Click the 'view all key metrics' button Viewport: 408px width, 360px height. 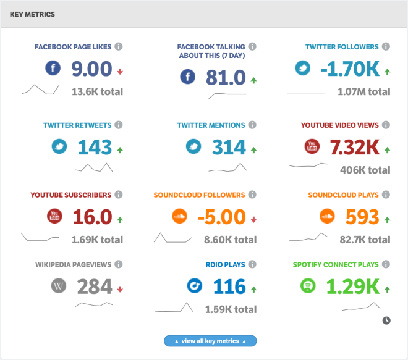coord(210,341)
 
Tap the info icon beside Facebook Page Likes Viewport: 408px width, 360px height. coord(119,46)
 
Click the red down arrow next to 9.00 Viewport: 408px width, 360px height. coord(120,72)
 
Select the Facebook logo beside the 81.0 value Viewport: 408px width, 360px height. coord(187,77)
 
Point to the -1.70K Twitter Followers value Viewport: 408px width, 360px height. coord(350,69)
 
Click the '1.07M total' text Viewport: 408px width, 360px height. coord(363,92)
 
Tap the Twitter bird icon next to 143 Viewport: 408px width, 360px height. coord(59,146)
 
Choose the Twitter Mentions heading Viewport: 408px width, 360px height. coord(211,125)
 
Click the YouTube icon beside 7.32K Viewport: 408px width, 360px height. coord(312,146)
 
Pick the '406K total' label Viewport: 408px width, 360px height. coord(365,170)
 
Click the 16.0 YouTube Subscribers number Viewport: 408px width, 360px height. coord(92,217)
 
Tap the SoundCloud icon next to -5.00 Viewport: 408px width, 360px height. coord(179,216)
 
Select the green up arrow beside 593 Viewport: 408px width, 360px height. coord(388,220)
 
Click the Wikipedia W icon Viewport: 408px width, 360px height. coord(59,286)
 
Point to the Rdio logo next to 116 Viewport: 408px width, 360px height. coord(195,286)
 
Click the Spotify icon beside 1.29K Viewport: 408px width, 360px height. coord(308,286)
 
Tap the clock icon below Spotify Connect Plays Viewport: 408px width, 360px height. coord(386,320)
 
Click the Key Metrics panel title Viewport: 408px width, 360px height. coord(32,14)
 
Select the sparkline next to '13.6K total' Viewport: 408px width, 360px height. coord(40,90)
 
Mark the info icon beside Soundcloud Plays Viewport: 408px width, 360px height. coord(386,195)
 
